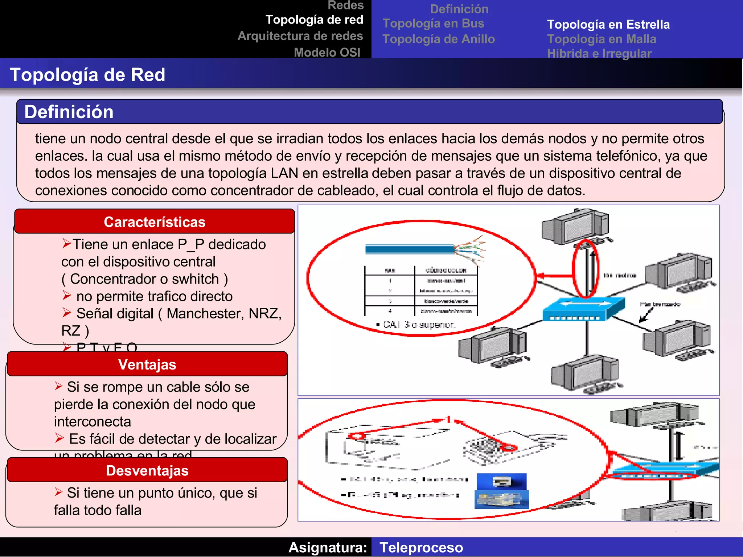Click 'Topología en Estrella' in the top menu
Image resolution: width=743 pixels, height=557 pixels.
[x=608, y=24]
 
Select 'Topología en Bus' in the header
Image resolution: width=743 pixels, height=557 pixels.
[x=433, y=23]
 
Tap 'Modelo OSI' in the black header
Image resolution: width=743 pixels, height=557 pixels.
[x=327, y=52]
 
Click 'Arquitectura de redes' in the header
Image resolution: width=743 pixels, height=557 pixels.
[x=300, y=36]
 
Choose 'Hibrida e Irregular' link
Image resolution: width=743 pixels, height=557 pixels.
[x=599, y=53]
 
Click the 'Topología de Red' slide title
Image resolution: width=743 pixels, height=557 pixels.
[x=87, y=75]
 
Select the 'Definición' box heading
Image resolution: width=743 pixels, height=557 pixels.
[x=69, y=112]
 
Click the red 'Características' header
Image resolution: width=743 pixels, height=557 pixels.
[x=155, y=222]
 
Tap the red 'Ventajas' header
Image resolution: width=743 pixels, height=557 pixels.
[x=147, y=364]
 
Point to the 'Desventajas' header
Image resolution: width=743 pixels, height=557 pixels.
[x=147, y=470]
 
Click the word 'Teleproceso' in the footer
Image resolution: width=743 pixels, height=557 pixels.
[x=421, y=547]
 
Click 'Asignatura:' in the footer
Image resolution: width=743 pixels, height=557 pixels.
[x=328, y=547]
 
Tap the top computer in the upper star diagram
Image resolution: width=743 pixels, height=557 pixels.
[x=575, y=227]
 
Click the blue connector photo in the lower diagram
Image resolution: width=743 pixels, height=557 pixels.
[x=501, y=491]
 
